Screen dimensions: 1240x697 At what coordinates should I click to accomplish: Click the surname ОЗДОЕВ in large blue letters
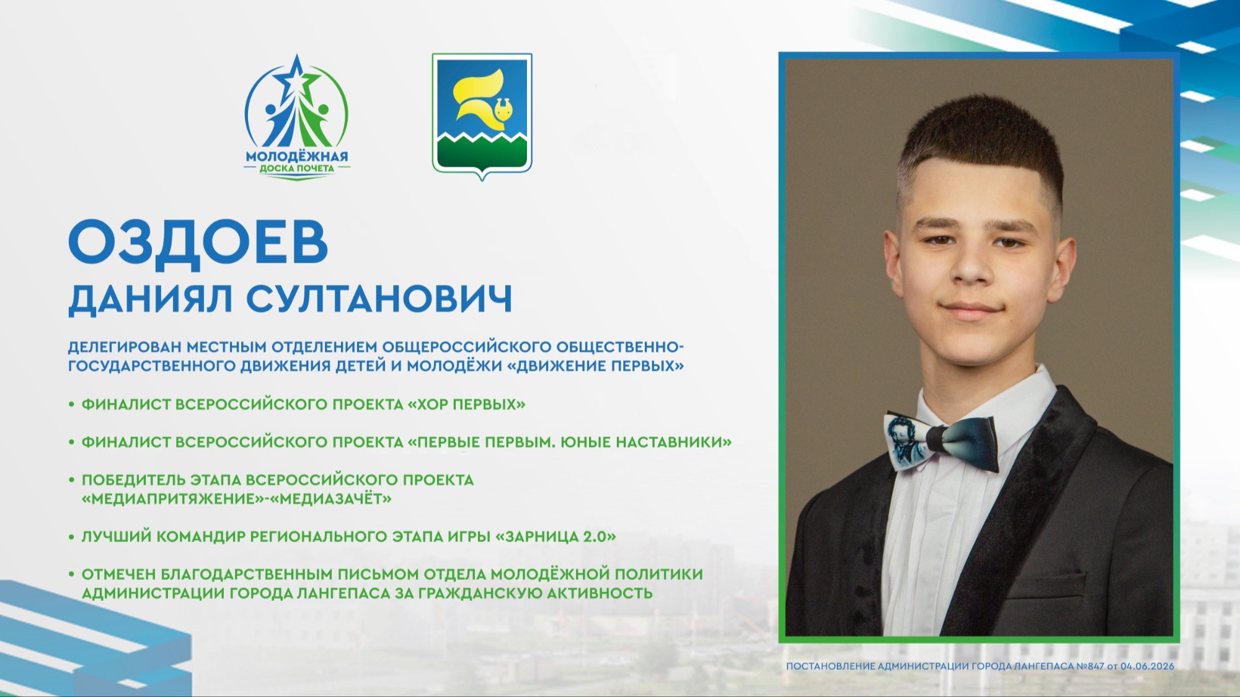(198, 243)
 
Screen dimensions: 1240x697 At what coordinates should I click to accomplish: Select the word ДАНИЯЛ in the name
(151, 300)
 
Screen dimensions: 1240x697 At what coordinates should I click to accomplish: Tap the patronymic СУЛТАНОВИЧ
(379, 299)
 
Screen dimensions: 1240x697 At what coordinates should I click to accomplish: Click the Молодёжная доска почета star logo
(296, 117)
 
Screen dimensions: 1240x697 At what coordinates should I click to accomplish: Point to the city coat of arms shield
(482, 115)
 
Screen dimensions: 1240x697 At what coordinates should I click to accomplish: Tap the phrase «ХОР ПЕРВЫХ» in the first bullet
(466, 405)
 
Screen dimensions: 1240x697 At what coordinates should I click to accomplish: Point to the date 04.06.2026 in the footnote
(1147, 666)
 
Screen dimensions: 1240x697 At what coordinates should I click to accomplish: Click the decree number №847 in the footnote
(1090, 666)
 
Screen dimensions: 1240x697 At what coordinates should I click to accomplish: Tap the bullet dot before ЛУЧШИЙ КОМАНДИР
(72, 537)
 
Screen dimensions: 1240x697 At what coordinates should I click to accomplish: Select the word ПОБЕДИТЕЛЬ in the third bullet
(133, 480)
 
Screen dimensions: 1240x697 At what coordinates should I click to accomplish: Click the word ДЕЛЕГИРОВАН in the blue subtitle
(125, 347)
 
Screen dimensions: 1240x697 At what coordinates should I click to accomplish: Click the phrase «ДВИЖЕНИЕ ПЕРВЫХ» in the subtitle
(595, 366)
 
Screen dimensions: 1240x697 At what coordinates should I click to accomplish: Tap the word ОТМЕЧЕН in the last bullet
(118, 574)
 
